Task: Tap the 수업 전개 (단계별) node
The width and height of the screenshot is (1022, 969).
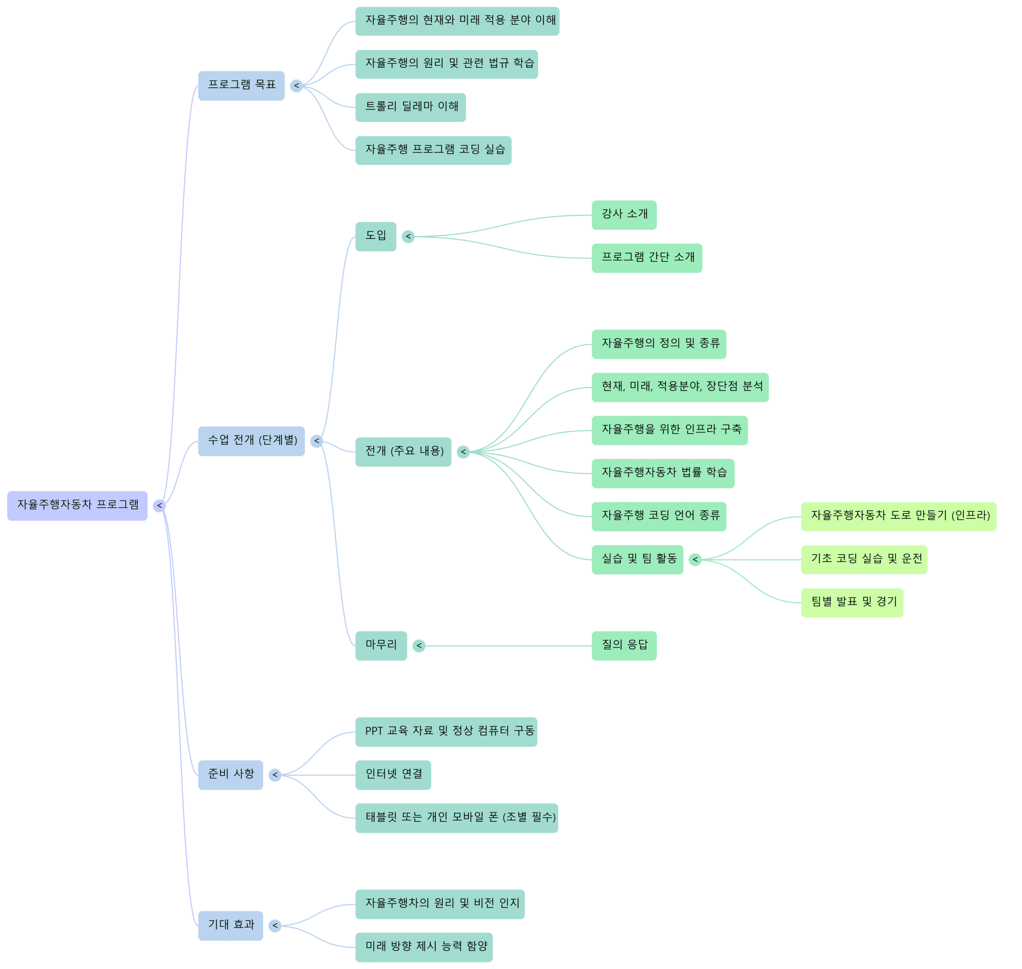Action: click(x=252, y=441)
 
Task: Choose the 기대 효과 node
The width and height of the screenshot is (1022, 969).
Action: click(x=230, y=925)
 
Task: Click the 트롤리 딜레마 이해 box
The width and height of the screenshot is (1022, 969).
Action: click(x=410, y=107)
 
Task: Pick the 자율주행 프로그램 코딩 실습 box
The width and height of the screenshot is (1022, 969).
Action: click(x=433, y=150)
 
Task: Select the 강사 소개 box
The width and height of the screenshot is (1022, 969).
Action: click(x=624, y=214)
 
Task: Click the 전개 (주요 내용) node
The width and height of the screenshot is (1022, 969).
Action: click(x=403, y=452)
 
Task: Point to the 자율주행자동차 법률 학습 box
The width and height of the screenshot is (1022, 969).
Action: click(x=663, y=473)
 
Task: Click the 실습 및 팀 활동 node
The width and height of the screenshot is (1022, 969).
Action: click(x=637, y=559)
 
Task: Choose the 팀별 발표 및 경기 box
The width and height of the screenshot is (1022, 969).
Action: click(x=852, y=602)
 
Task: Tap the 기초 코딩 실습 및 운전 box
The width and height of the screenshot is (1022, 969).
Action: click(x=864, y=559)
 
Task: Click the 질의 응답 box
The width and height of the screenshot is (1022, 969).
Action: click(x=624, y=645)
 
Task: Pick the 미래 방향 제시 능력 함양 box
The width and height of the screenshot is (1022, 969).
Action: click(x=424, y=947)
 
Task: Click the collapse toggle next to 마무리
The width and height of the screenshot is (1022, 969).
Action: click(x=419, y=646)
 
